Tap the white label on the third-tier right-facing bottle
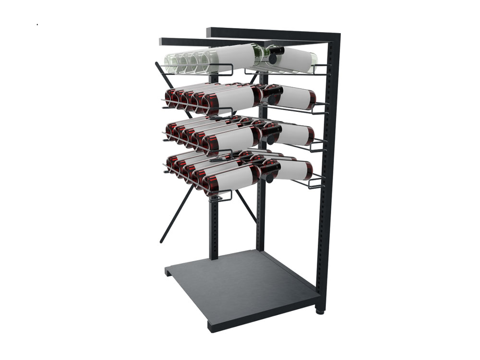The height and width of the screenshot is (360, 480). point(293,134)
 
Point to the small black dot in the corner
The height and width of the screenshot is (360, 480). point(37,24)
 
